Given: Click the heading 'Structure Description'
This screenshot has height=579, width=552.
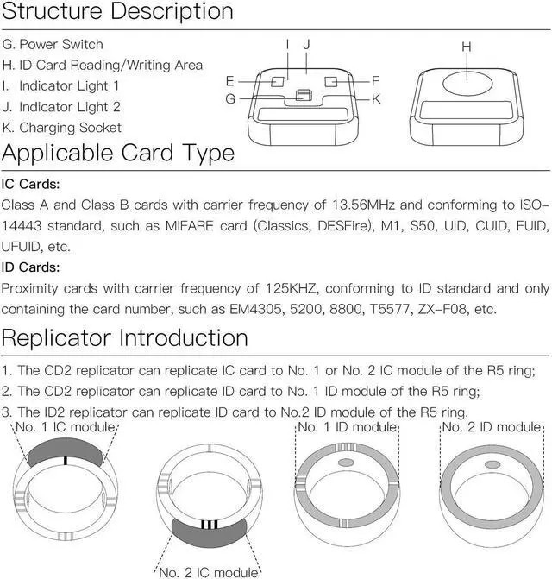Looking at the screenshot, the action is point(118,12).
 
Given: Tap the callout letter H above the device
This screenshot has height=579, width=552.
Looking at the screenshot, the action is point(467,47).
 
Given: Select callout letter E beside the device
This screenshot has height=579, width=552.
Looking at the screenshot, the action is point(230,80).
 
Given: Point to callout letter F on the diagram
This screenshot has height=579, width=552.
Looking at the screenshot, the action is point(376,80).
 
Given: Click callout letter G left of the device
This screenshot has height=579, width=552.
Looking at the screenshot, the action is point(230,99).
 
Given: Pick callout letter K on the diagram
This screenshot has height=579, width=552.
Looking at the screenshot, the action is point(376,99).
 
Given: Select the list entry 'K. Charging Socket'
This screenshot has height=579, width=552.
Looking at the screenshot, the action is point(62,128).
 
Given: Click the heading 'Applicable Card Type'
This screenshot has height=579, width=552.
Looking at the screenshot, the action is point(118,154).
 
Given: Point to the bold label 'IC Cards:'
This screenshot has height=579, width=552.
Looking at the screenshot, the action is point(31,185).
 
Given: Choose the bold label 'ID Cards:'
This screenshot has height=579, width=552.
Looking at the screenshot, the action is point(31,267).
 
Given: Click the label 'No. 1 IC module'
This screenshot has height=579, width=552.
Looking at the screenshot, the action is point(66,427).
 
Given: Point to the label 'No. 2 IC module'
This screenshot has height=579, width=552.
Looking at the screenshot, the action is point(208,572).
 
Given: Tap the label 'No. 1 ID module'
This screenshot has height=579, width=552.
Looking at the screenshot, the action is point(347,427).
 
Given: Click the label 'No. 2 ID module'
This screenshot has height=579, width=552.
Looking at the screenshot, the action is point(492,427).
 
